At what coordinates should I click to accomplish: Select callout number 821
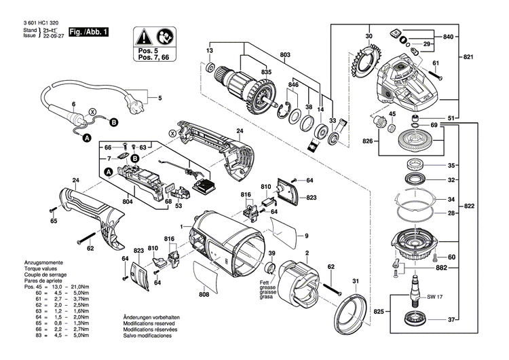(x=470, y=58)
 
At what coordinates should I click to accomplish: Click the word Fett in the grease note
(x=262, y=281)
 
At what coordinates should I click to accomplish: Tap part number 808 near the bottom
(x=204, y=295)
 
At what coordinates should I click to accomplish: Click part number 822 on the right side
(x=470, y=206)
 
